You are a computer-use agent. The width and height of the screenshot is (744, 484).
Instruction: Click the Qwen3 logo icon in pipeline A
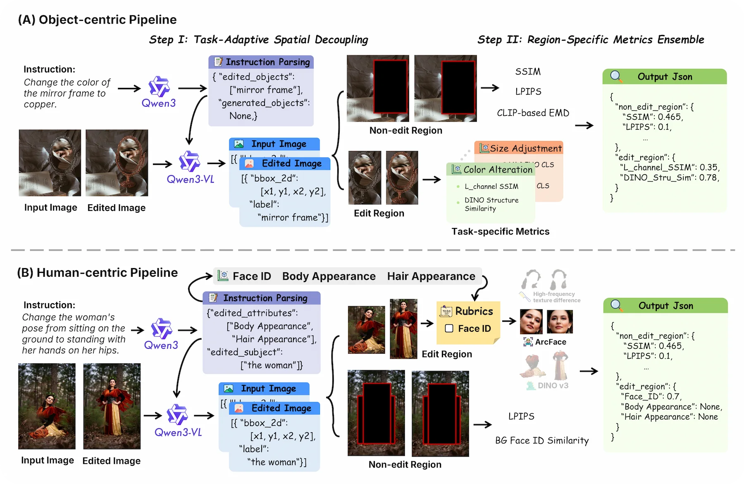159,86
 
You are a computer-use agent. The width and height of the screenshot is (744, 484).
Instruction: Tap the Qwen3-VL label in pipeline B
178,432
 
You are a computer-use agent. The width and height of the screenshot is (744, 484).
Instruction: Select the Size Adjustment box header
520,148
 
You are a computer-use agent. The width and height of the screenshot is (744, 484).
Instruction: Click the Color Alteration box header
492,170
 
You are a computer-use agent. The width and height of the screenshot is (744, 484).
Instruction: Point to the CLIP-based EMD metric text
533,113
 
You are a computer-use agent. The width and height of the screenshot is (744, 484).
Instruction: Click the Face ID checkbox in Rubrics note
449,328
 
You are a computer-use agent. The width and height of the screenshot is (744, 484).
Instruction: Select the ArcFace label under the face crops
550,342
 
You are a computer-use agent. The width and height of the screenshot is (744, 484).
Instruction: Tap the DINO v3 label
553,386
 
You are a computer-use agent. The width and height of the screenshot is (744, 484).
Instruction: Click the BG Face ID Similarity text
542,441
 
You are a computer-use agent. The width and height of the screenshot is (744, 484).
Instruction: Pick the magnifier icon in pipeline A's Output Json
616,76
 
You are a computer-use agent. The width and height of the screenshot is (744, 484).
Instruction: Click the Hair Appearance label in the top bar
431,276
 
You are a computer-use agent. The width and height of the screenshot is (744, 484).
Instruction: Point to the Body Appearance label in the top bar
329,276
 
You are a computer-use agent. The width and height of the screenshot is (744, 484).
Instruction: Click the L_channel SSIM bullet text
491,187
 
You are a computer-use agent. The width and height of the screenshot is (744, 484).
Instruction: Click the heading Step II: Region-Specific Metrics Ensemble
591,40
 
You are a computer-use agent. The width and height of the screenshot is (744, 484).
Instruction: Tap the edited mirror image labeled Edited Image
117,163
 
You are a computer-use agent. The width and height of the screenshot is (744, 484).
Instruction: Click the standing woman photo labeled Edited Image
112,406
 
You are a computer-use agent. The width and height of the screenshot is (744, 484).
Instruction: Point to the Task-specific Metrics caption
500,232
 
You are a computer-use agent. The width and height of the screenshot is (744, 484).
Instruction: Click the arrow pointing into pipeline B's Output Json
589,371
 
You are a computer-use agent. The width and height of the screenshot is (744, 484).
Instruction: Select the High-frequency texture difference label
556,297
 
